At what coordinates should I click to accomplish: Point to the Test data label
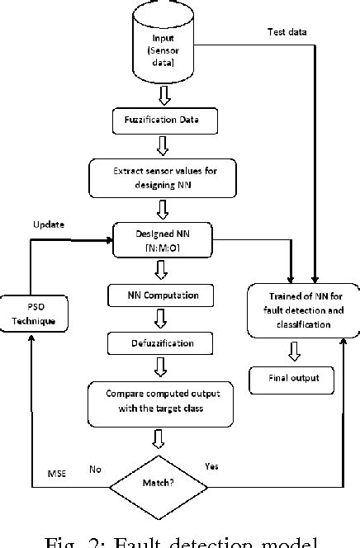point(288,32)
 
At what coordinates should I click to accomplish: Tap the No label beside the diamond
point(96,469)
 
